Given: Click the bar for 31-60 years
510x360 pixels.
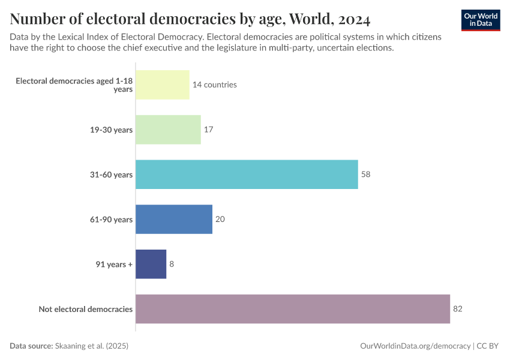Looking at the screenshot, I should (247, 175).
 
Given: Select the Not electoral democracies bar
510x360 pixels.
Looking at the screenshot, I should (293, 309).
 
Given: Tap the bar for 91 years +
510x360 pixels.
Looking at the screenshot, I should (151, 264).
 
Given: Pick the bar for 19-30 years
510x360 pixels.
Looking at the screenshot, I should (168, 130).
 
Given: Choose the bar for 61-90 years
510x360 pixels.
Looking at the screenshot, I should (174, 219).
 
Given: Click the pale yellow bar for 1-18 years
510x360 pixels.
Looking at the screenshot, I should (162, 85).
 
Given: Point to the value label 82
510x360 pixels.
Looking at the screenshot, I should (458, 309).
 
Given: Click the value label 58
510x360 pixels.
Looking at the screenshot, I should (366, 175).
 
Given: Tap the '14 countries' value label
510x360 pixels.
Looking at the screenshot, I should (214, 85).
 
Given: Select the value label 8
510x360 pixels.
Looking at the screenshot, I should (172, 264).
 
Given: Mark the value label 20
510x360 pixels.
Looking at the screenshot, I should (220, 219).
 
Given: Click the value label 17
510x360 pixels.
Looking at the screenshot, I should (209, 130).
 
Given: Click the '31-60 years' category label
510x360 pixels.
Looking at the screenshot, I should (111, 175).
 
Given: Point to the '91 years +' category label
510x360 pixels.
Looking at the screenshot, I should (114, 264).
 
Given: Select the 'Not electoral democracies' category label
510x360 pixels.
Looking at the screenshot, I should (85, 309).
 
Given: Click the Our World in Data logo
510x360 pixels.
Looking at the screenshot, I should (481, 20).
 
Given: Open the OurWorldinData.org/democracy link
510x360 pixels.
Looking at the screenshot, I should (415, 346).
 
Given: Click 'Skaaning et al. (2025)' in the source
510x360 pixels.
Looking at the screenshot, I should (92, 346).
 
